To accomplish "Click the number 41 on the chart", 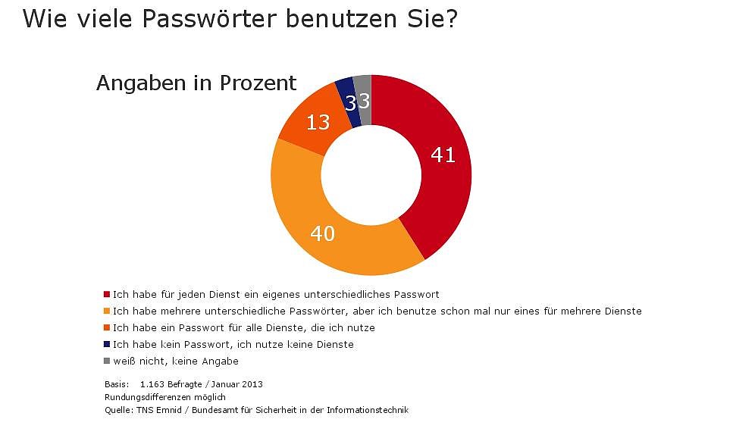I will (443, 155).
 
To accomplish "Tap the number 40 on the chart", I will (323, 233).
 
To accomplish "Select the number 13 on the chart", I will (318, 122).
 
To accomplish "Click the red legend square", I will (106, 294).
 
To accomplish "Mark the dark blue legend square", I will (106, 345).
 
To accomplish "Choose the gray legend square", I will (106, 361).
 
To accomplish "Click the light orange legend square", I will (106, 311).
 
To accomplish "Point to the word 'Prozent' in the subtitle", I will (258, 83).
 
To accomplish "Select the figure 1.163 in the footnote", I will (154, 384).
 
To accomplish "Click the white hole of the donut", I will (371, 175).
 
